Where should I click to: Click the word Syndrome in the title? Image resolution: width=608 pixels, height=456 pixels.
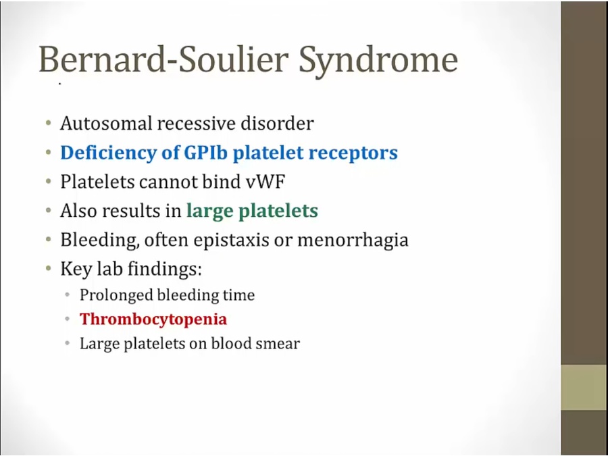pyautogui.click(x=378, y=60)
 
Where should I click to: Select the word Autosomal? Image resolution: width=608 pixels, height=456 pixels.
pyautogui.click(x=106, y=124)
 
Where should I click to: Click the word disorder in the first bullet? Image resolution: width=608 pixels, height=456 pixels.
pyautogui.click(x=277, y=124)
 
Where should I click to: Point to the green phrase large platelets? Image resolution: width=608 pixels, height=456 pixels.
pyautogui.click(x=252, y=211)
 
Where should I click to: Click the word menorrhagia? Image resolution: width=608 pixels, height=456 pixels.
pyautogui.click(x=353, y=240)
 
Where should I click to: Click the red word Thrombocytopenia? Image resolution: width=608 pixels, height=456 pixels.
pyautogui.click(x=153, y=320)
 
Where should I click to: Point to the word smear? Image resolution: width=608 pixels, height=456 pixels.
pyautogui.click(x=278, y=344)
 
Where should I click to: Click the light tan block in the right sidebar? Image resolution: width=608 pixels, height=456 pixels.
pyautogui.click(x=584, y=387)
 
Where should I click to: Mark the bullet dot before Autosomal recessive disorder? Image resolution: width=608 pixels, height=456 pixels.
pyautogui.click(x=48, y=124)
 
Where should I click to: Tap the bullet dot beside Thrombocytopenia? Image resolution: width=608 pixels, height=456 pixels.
pyautogui.click(x=68, y=319)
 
